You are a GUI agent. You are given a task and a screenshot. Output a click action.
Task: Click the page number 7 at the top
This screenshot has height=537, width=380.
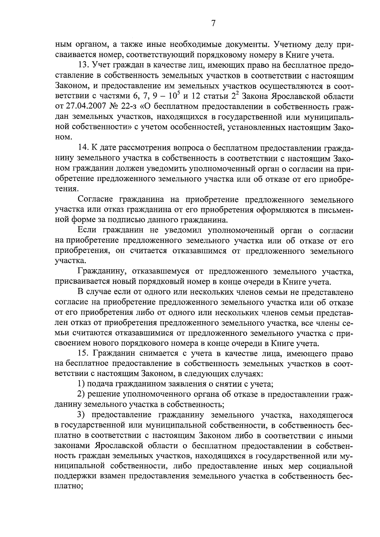(x=213, y=23)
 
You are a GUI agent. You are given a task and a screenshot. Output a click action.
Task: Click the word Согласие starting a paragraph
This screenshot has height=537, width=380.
(x=96, y=199)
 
